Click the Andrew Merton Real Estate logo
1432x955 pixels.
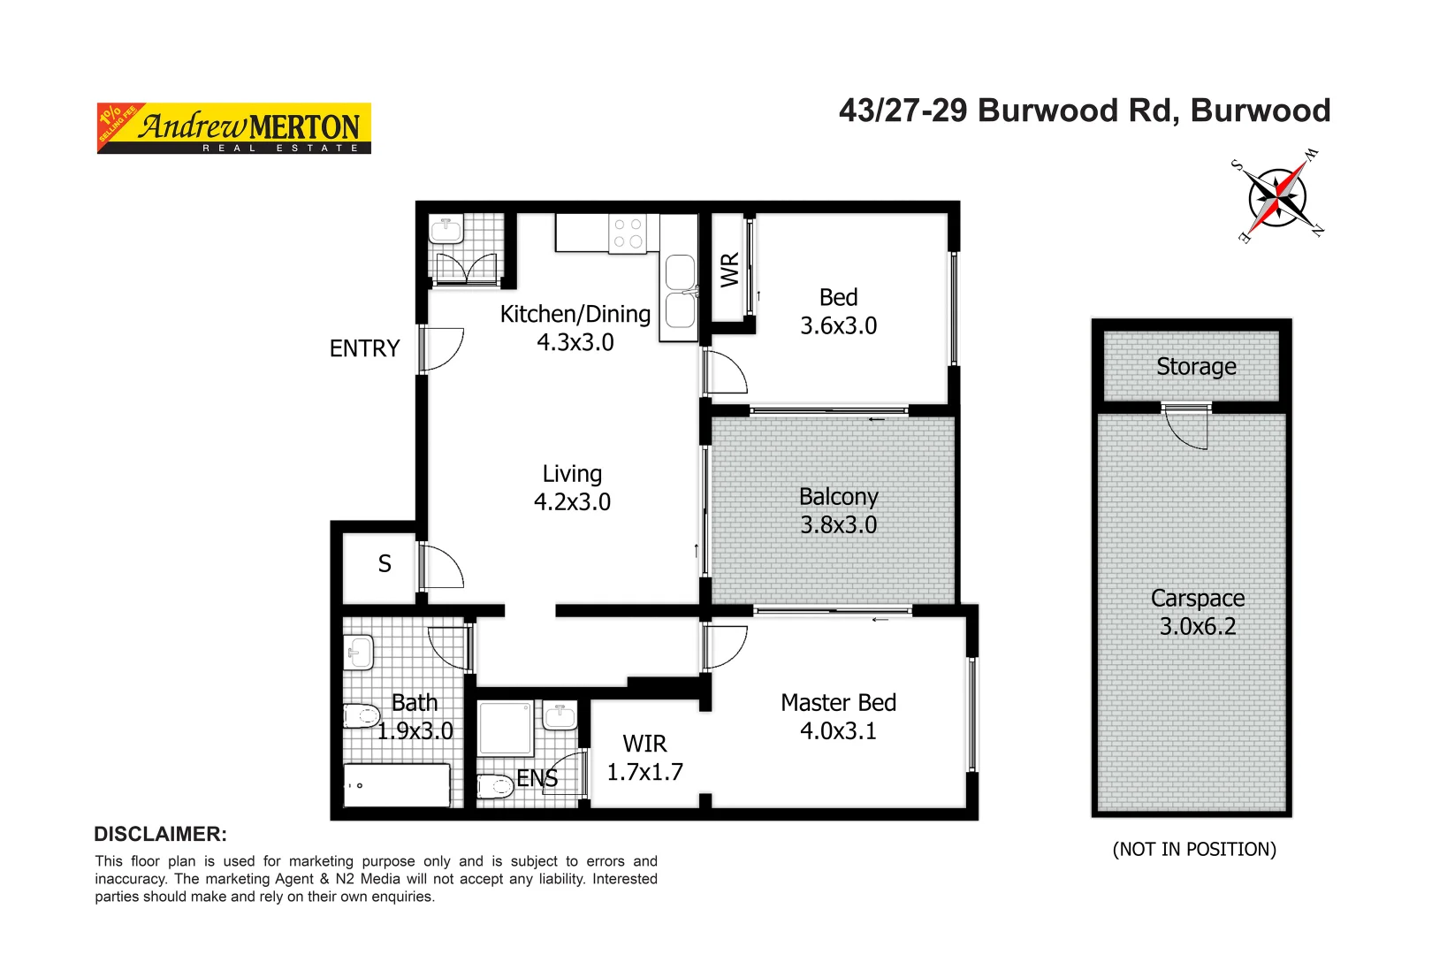233,128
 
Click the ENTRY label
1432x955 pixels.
364,348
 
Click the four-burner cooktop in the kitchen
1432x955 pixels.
628,233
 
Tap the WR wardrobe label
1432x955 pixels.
729,270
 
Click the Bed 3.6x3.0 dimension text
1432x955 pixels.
838,325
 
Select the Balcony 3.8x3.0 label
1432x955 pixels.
838,510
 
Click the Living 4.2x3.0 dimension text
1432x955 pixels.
572,502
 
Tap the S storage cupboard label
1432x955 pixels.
385,564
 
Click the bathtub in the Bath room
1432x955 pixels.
397,784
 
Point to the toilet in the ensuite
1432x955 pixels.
495,785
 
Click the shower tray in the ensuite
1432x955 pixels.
505,728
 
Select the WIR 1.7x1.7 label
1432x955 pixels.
644,758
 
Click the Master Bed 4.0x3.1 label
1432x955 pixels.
838,716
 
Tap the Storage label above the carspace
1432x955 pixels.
1196,366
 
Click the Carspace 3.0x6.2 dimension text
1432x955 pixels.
1198,626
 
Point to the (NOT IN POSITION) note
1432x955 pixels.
1194,849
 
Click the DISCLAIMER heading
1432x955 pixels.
160,834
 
